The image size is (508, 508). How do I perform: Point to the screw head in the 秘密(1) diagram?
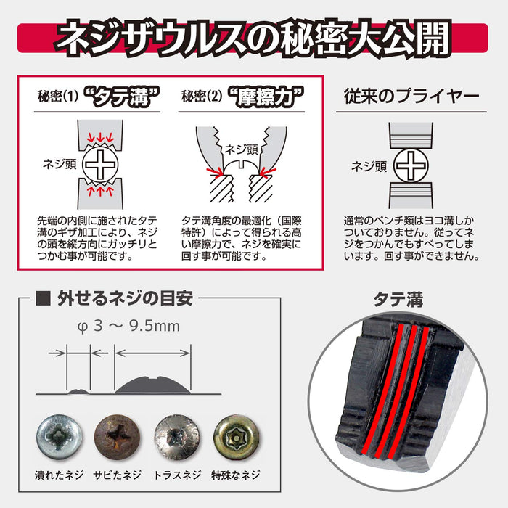(102, 164)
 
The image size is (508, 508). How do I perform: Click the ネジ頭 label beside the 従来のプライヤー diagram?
(368, 165)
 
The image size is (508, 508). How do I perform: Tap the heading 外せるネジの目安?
(123, 298)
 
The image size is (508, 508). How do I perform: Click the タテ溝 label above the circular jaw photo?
(398, 298)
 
